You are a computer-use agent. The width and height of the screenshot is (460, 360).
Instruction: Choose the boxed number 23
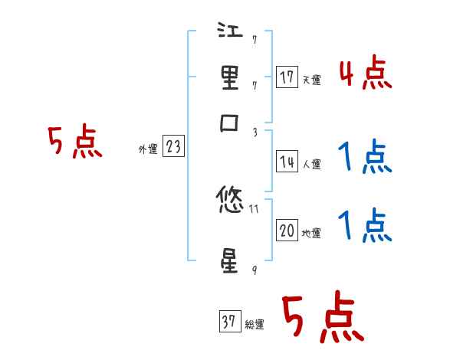174,147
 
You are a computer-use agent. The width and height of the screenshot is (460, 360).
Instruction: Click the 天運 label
311,80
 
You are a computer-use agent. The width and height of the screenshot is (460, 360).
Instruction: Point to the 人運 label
311,164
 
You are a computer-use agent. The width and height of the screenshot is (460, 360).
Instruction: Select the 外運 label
147,149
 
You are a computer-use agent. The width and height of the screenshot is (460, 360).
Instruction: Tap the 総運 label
255,324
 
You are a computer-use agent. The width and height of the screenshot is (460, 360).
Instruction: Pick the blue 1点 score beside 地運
365,226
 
